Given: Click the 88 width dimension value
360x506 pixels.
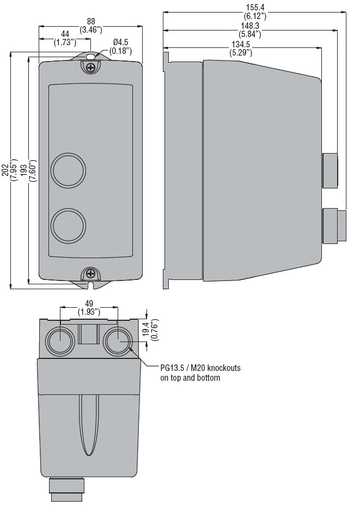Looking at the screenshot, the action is click(91, 21).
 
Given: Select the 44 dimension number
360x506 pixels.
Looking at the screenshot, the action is click(65, 34).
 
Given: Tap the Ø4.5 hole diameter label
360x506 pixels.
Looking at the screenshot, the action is click(121, 42).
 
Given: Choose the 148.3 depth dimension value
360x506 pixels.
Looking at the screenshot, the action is click(250, 26).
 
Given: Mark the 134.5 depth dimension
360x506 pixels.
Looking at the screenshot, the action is click(241, 44).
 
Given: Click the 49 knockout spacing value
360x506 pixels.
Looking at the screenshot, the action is click(89, 304).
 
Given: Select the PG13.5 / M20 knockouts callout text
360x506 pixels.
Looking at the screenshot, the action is click(200, 373).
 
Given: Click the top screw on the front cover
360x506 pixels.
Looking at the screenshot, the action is click(91, 68).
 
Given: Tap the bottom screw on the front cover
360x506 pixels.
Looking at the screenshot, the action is click(91, 275).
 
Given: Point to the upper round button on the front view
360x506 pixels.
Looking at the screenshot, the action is click(68, 170).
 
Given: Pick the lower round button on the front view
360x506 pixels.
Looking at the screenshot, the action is click(68, 225).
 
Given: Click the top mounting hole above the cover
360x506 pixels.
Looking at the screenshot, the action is click(91, 57).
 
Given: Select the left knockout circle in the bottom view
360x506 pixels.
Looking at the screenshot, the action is click(60, 342).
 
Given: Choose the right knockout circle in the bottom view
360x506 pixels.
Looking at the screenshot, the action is click(118, 341).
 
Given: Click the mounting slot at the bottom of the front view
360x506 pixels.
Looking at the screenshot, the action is click(91, 285).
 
